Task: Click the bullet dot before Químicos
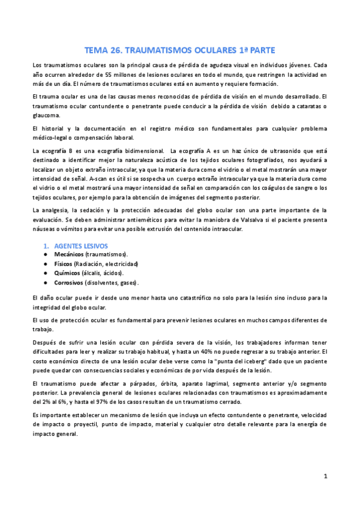[x=46, y=273]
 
